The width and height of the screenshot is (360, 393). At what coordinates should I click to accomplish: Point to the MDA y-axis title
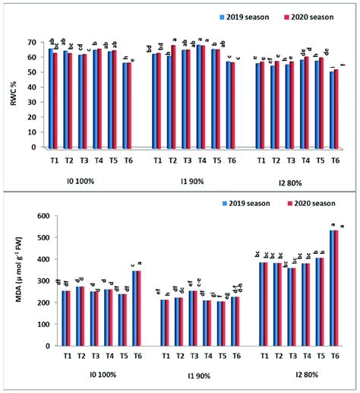[11, 281]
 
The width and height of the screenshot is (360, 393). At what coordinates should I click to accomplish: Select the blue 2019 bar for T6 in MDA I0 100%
[134, 308]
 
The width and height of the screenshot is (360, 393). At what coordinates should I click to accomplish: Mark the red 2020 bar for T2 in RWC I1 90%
[173, 96]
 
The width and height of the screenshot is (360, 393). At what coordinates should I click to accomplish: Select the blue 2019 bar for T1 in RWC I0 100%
[51, 97]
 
